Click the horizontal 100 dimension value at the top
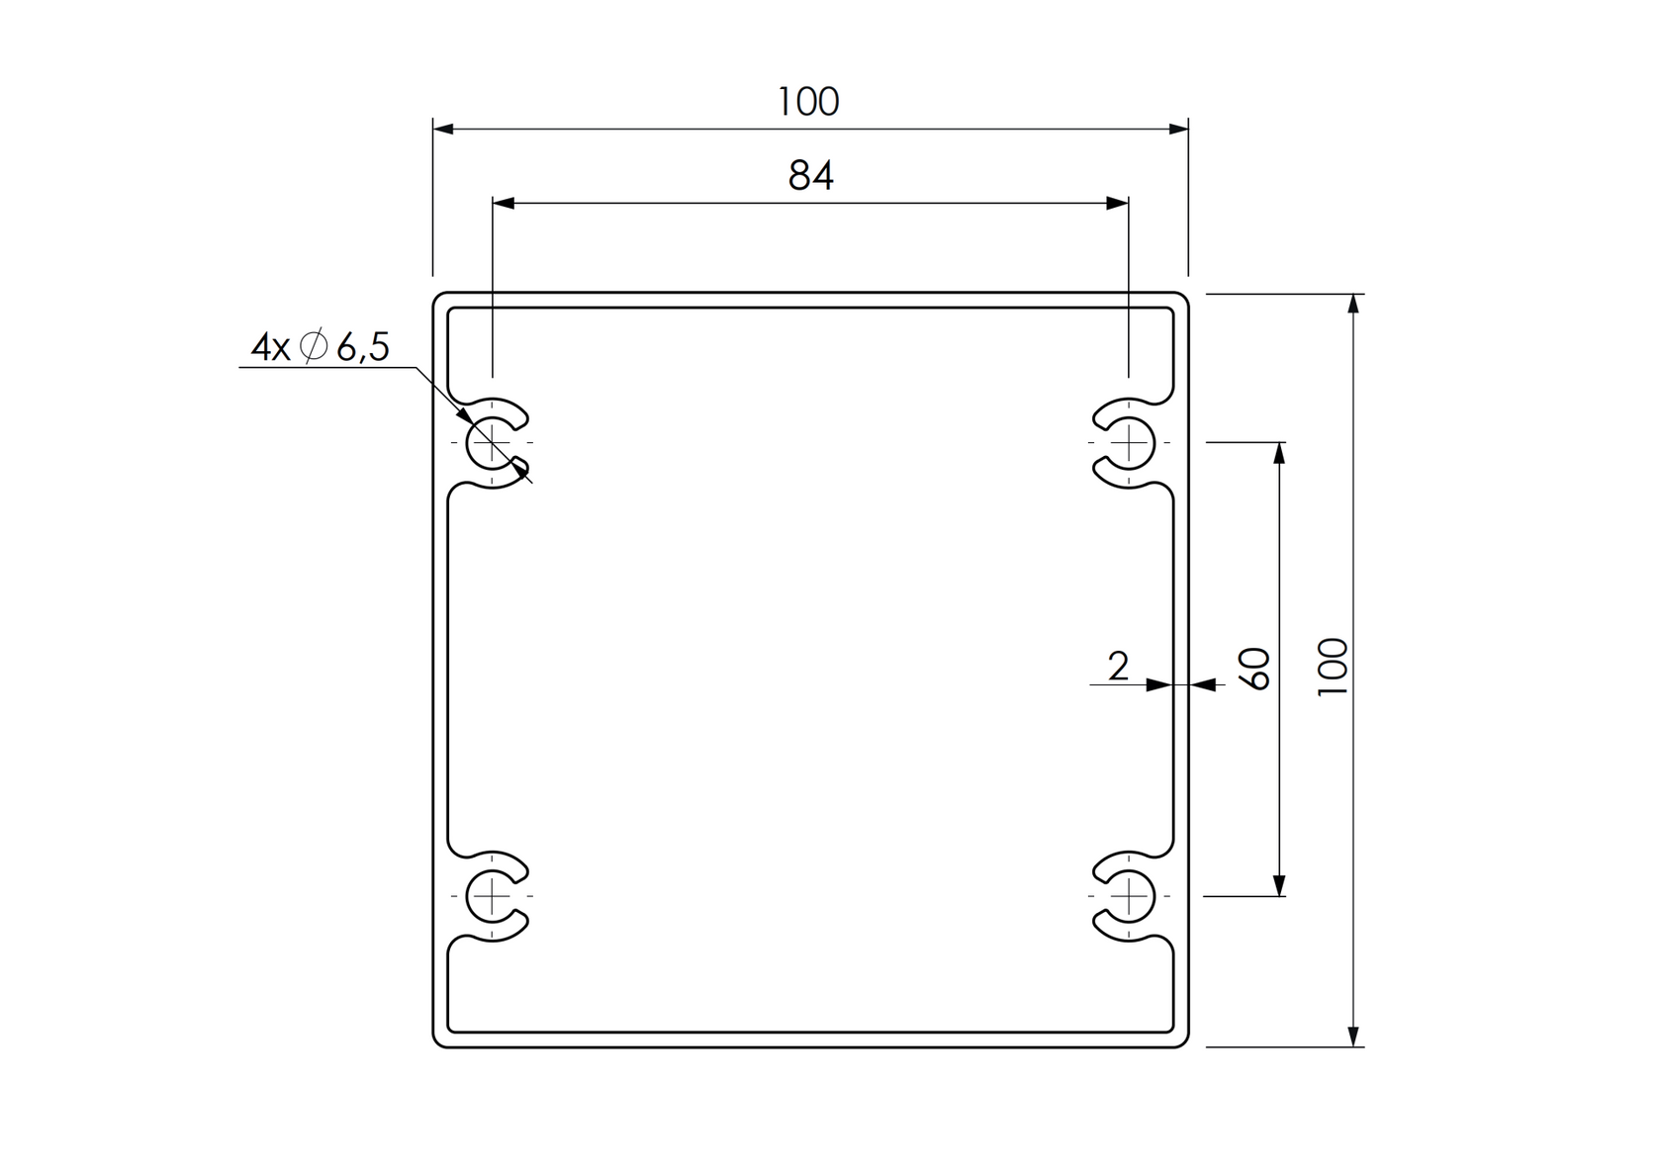click(808, 102)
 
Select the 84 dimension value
click(811, 176)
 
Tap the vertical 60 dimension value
click(1255, 669)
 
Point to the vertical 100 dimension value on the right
click(1334, 668)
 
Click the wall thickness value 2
click(1118, 668)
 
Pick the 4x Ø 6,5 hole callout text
click(321, 347)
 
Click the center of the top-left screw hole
click(492, 442)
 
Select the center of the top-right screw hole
click(1129, 442)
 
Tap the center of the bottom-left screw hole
click(492, 896)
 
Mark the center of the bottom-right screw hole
click(1129, 896)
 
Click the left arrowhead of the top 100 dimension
click(443, 129)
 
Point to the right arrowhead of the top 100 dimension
click(1178, 129)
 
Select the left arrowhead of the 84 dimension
click(504, 203)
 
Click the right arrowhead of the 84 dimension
click(1118, 203)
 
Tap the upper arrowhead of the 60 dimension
click(1279, 453)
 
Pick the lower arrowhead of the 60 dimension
click(1279, 885)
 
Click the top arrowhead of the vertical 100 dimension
click(1353, 305)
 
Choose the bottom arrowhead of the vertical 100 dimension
click(1353, 1036)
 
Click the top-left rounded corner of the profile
click(438, 299)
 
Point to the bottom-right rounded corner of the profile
click(1182, 1041)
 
